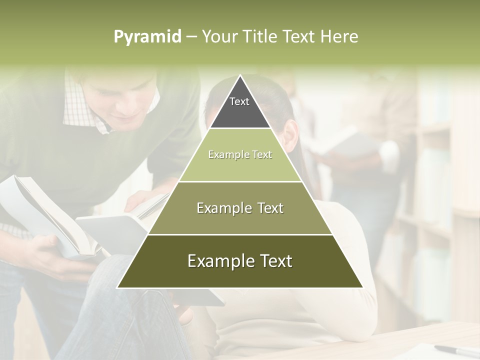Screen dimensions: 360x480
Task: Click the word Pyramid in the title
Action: (x=147, y=37)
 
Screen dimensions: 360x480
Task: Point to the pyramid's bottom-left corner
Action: (x=117, y=287)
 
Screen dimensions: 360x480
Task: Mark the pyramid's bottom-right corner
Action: (x=363, y=287)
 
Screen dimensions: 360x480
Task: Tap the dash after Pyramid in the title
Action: (x=191, y=37)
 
